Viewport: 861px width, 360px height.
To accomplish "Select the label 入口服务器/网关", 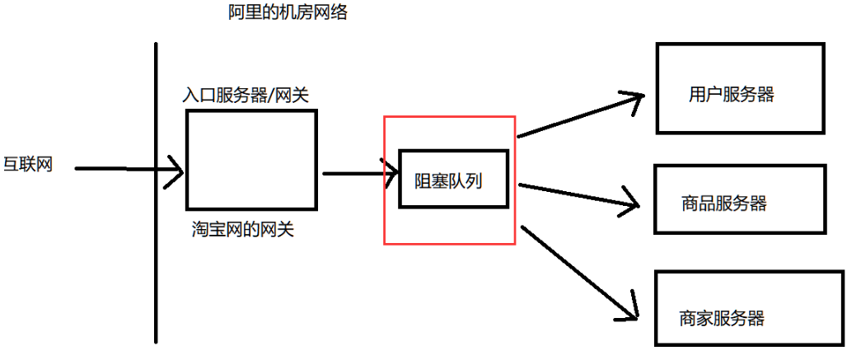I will pyautogui.click(x=246, y=96).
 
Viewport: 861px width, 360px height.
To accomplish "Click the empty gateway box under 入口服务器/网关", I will pyautogui.click(x=251, y=159).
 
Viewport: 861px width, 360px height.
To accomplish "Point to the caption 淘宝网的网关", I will pyautogui.click(x=241, y=229).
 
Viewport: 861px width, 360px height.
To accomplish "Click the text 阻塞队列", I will pyautogui.click(x=448, y=179).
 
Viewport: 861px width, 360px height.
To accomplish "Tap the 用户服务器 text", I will pyautogui.click(x=732, y=94).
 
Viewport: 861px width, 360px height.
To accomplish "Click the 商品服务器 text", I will pyautogui.click(x=724, y=203).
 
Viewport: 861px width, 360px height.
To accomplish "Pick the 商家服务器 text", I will pyautogui.click(x=722, y=317).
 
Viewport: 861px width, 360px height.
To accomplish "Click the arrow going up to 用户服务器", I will pyautogui.click(x=577, y=116).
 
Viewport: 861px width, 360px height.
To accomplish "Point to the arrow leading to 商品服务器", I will pyautogui.click(x=577, y=194).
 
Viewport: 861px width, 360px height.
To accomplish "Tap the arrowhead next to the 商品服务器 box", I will pyautogui.click(x=631, y=203).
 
